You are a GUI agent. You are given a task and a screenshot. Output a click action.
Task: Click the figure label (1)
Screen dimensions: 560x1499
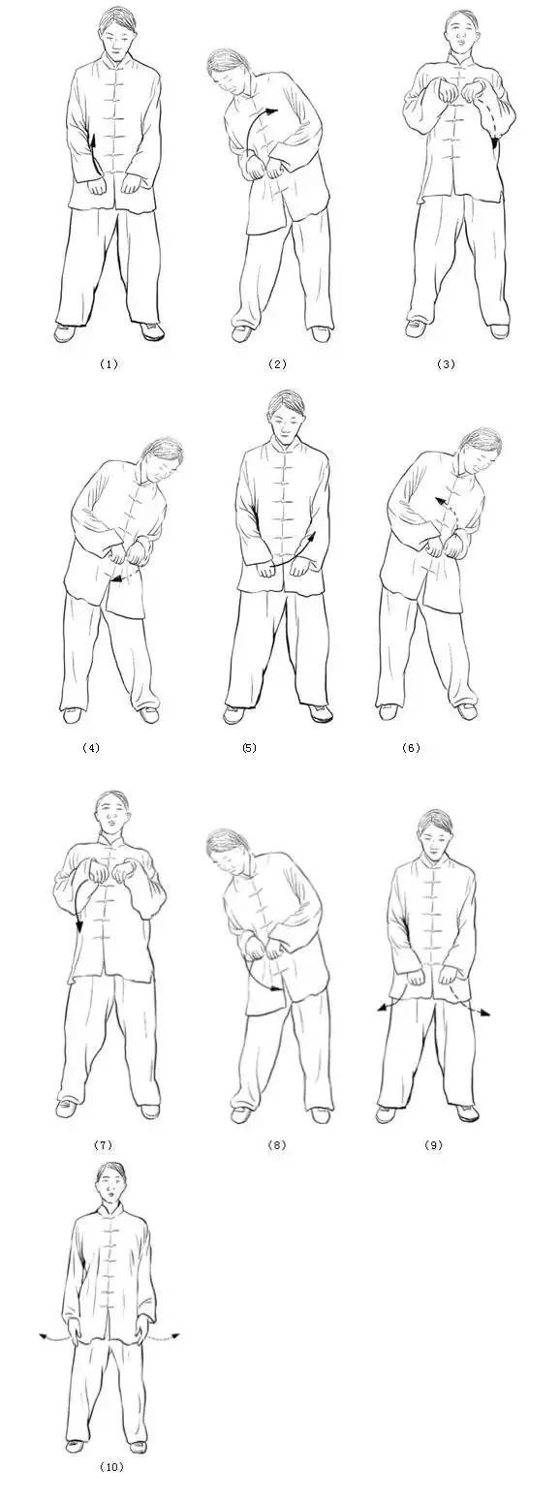pyautogui.click(x=109, y=364)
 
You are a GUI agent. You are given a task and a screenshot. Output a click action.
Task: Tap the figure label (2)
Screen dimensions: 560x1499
pyautogui.click(x=277, y=364)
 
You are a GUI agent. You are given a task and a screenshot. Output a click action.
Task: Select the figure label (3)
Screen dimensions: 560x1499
pyautogui.click(x=446, y=364)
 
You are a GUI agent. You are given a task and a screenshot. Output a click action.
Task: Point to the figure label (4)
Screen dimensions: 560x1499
pyautogui.click(x=90, y=748)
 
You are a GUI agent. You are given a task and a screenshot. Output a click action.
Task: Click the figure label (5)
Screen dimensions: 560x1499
pyautogui.click(x=249, y=748)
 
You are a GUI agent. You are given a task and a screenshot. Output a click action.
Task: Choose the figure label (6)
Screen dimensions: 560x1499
pyautogui.click(x=411, y=748)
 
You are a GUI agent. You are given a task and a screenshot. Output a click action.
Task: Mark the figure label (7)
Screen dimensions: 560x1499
pyautogui.click(x=103, y=1145)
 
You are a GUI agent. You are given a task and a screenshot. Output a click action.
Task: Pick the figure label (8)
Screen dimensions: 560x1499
pyautogui.click(x=276, y=1145)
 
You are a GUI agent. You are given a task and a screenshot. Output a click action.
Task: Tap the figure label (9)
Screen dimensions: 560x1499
pyautogui.click(x=433, y=1145)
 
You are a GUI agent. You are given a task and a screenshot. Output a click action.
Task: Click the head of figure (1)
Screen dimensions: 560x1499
pyautogui.click(x=114, y=38)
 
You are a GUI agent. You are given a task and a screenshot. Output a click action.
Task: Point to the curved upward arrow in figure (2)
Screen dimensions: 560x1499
pyautogui.click(x=260, y=131)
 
